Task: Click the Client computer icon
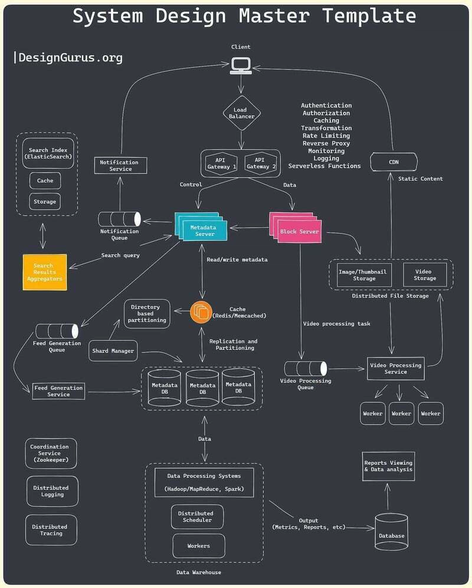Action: [241, 65]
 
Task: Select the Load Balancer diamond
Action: [241, 113]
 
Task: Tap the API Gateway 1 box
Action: [221, 163]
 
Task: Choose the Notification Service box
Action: [119, 166]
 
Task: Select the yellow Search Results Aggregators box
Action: [44, 272]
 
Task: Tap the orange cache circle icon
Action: [201, 312]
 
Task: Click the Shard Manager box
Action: [113, 351]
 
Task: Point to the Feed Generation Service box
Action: [58, 391]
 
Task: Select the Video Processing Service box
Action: [395, 369]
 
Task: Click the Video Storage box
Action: [424, 275]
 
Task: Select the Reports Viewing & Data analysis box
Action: [388, 467]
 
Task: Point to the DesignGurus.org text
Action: [70, 57]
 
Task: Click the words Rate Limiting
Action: [326, 136]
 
